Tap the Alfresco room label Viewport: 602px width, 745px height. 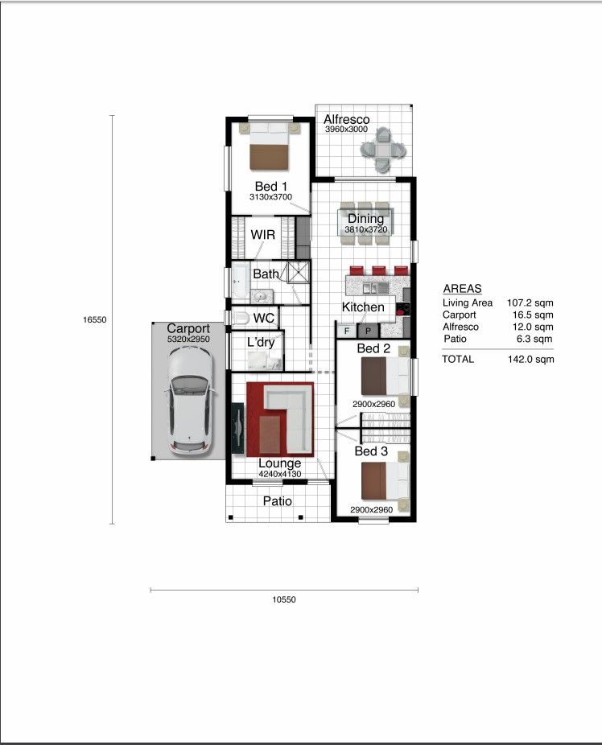coord(346,119)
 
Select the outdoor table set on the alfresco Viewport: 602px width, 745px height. coord(383,150)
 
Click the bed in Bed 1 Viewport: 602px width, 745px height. coord(270,146)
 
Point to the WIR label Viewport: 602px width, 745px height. coord(262,235)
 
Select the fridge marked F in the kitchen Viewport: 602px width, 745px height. coord(347,331)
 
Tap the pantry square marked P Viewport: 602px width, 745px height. coord(369,331)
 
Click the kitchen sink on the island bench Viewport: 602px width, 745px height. coord(371,288)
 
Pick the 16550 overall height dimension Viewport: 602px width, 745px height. coord(94,319)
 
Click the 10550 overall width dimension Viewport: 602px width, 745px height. coord(283,599)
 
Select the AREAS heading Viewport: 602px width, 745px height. coord(462,288)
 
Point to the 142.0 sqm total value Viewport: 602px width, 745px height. coord(530,359)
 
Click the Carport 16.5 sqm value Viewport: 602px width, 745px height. coord(533,315)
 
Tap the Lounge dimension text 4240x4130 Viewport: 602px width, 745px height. coord(280,474)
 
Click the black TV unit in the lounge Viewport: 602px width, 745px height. coord(237,429)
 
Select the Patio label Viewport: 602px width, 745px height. coord(278,501)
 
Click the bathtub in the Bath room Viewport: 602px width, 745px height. coord(241,282)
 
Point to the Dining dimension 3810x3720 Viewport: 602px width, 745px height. coord(366,229)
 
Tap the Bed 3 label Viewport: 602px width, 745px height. coord(371,451)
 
